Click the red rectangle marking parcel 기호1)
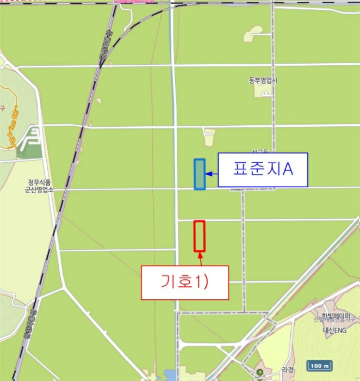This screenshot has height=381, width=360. [200, 236]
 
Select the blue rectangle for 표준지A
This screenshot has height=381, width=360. [200, 174]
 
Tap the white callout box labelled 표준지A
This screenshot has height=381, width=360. [263, 170]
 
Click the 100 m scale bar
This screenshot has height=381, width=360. [320, 365]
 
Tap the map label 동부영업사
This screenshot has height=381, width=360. [263, 81]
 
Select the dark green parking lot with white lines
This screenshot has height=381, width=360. [30, 140]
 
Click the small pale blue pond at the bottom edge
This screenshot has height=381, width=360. [169, 375]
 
